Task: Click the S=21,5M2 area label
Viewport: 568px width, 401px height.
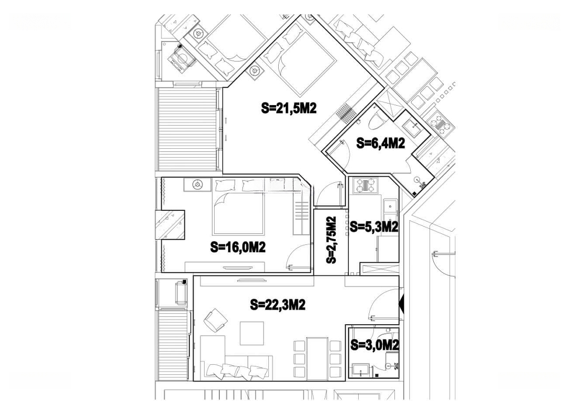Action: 289,108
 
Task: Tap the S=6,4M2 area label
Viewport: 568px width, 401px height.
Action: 381,143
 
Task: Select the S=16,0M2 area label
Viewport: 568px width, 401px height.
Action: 238,247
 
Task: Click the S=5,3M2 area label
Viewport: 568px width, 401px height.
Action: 374,227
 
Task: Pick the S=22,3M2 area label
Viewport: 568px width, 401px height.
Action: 278,305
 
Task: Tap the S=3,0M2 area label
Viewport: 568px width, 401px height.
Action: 375,345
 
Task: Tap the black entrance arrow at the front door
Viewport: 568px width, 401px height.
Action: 401,304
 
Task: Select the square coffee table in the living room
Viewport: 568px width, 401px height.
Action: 252,333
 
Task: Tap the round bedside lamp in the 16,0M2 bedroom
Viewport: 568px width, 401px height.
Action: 198,184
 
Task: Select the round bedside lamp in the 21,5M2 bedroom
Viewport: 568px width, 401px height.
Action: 255,71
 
